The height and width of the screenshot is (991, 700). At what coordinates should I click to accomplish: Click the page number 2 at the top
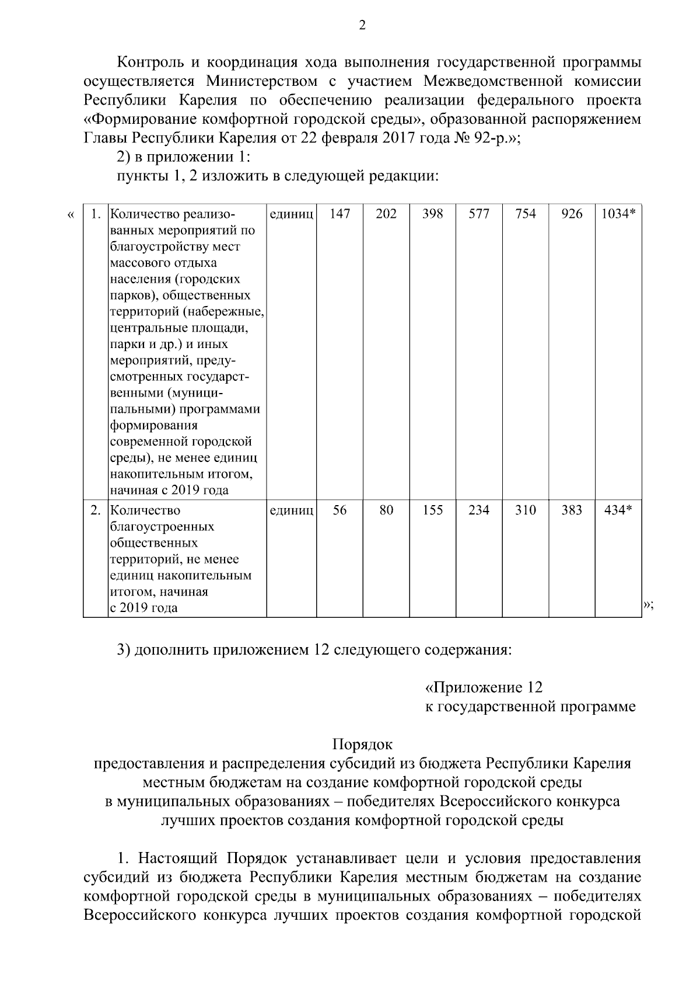click(362, 25)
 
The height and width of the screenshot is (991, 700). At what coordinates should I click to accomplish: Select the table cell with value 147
click(339, 214)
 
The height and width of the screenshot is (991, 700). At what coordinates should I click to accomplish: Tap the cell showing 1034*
click(618, 214)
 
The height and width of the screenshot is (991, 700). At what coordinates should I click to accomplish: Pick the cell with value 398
click(433, 214)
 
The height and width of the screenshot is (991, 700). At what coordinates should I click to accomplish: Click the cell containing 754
click(526, 214)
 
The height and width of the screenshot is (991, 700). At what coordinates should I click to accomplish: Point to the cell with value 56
click(339, 510)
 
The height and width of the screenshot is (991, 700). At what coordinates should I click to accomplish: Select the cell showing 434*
click(618, 510)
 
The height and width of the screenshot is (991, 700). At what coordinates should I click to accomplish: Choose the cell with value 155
click(433, 510)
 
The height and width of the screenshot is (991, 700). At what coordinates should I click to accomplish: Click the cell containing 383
click(572, 510)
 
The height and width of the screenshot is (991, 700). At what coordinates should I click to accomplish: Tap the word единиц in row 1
click(292, 214)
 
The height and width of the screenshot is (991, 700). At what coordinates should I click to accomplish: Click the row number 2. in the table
click(96, 510)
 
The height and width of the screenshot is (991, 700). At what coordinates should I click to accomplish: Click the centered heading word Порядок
click(362, 745)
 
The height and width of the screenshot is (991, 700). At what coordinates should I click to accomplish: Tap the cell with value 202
click(386, 214)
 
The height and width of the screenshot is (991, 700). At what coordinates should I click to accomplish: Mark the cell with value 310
click(526, 510)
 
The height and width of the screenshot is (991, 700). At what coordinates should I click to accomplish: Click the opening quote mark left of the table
click(71, 215)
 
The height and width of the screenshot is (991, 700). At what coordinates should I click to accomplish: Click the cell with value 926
click(572, 214)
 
